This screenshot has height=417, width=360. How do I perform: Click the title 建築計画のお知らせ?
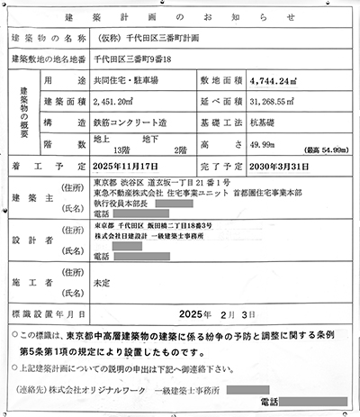tap(181, 17)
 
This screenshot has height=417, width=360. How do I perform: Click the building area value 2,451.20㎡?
tap(119, 104)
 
